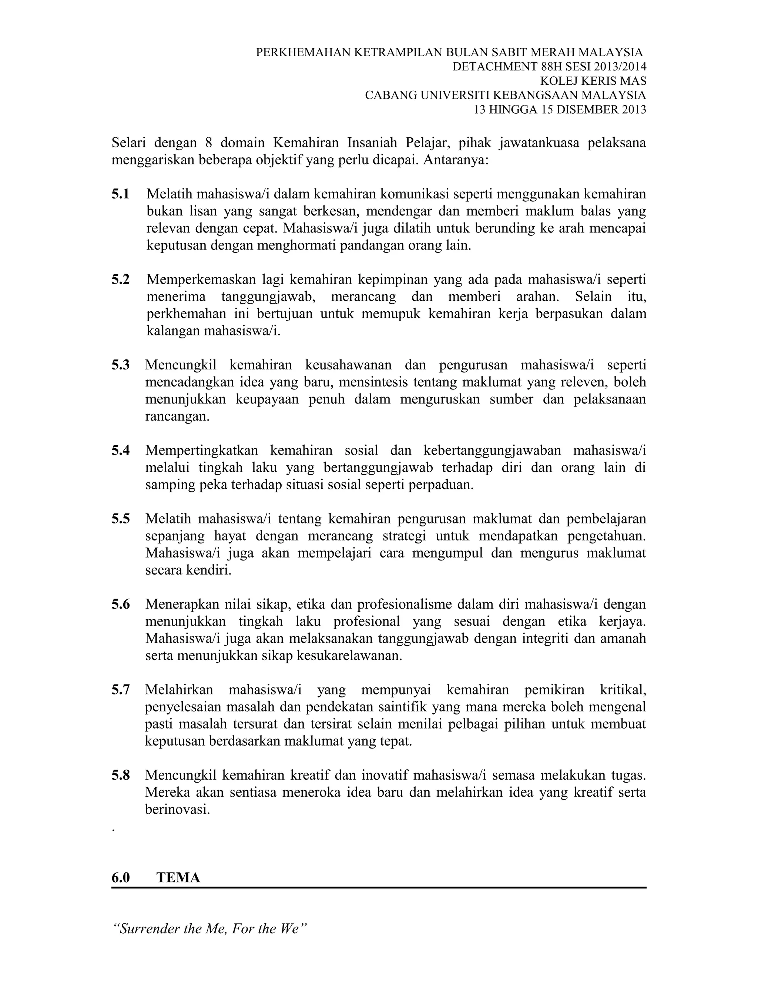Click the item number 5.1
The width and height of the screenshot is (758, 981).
pos(120,194)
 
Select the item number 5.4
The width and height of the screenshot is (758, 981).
pos(120,450)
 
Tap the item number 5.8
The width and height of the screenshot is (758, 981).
pos(120,775)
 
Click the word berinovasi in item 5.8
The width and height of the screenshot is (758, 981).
pos(177,809)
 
